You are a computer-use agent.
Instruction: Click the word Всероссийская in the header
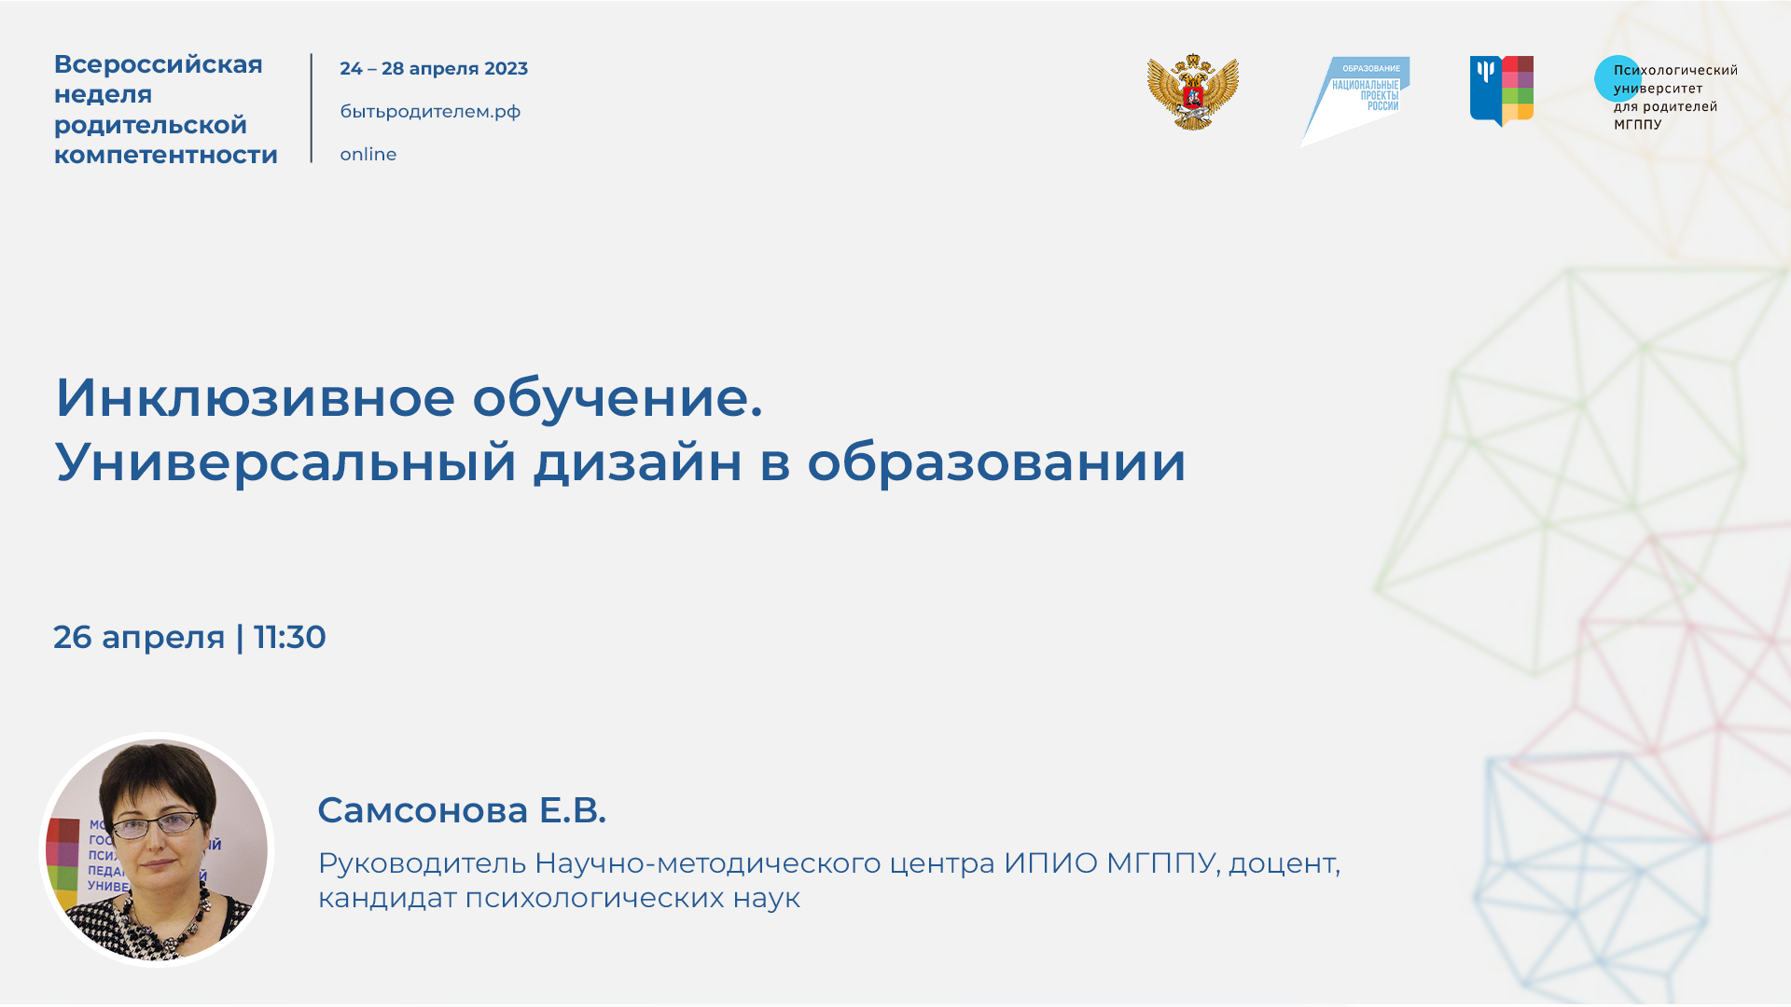[x=158, y=64]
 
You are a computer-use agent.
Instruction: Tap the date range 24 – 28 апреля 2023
[x=434, y=69]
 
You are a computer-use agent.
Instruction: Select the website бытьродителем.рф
[x=430, y=112]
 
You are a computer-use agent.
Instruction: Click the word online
[x=368, y=155]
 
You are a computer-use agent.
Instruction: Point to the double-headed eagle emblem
[x=1192, y=92]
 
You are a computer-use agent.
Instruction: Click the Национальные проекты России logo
[x=1357, y=97]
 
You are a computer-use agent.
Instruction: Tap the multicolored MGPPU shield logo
[x=1501, y=90]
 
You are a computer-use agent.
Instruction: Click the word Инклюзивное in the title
[x=255, y=398]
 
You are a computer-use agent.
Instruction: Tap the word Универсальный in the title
[x=285, y=462]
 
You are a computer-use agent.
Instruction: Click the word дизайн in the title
[x=637, y=462]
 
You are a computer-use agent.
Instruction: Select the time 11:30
[x=290, y=638]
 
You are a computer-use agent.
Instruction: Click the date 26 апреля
[x=139, y=638]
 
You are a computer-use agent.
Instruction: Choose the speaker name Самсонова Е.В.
[x=462, y=810]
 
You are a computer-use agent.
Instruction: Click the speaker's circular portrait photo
[x=157, y=849]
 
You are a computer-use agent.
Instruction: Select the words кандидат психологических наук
[x=559, y=899]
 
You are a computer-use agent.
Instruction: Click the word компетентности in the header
[x=166, y=156]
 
